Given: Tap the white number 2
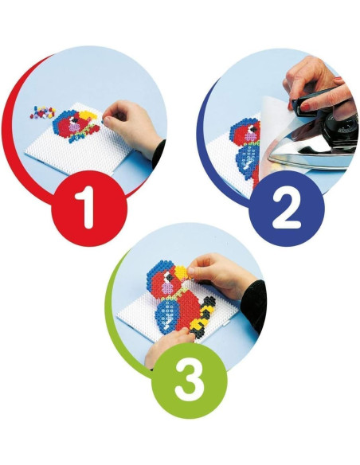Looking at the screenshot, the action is pyautogui.click(x=287, y=209).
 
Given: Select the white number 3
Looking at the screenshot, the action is pyautogui.click(x=190, y=380).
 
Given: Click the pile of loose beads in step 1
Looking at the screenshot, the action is pyautogui.click(x=43, y=111).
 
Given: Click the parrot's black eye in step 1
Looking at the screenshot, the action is pyautogui.click(x=76, y=119).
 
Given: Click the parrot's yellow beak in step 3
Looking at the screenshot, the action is pyautogui.click(x=181, y=273).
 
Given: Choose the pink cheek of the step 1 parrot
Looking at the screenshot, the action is pyautogui.click(x=74, y=127).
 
